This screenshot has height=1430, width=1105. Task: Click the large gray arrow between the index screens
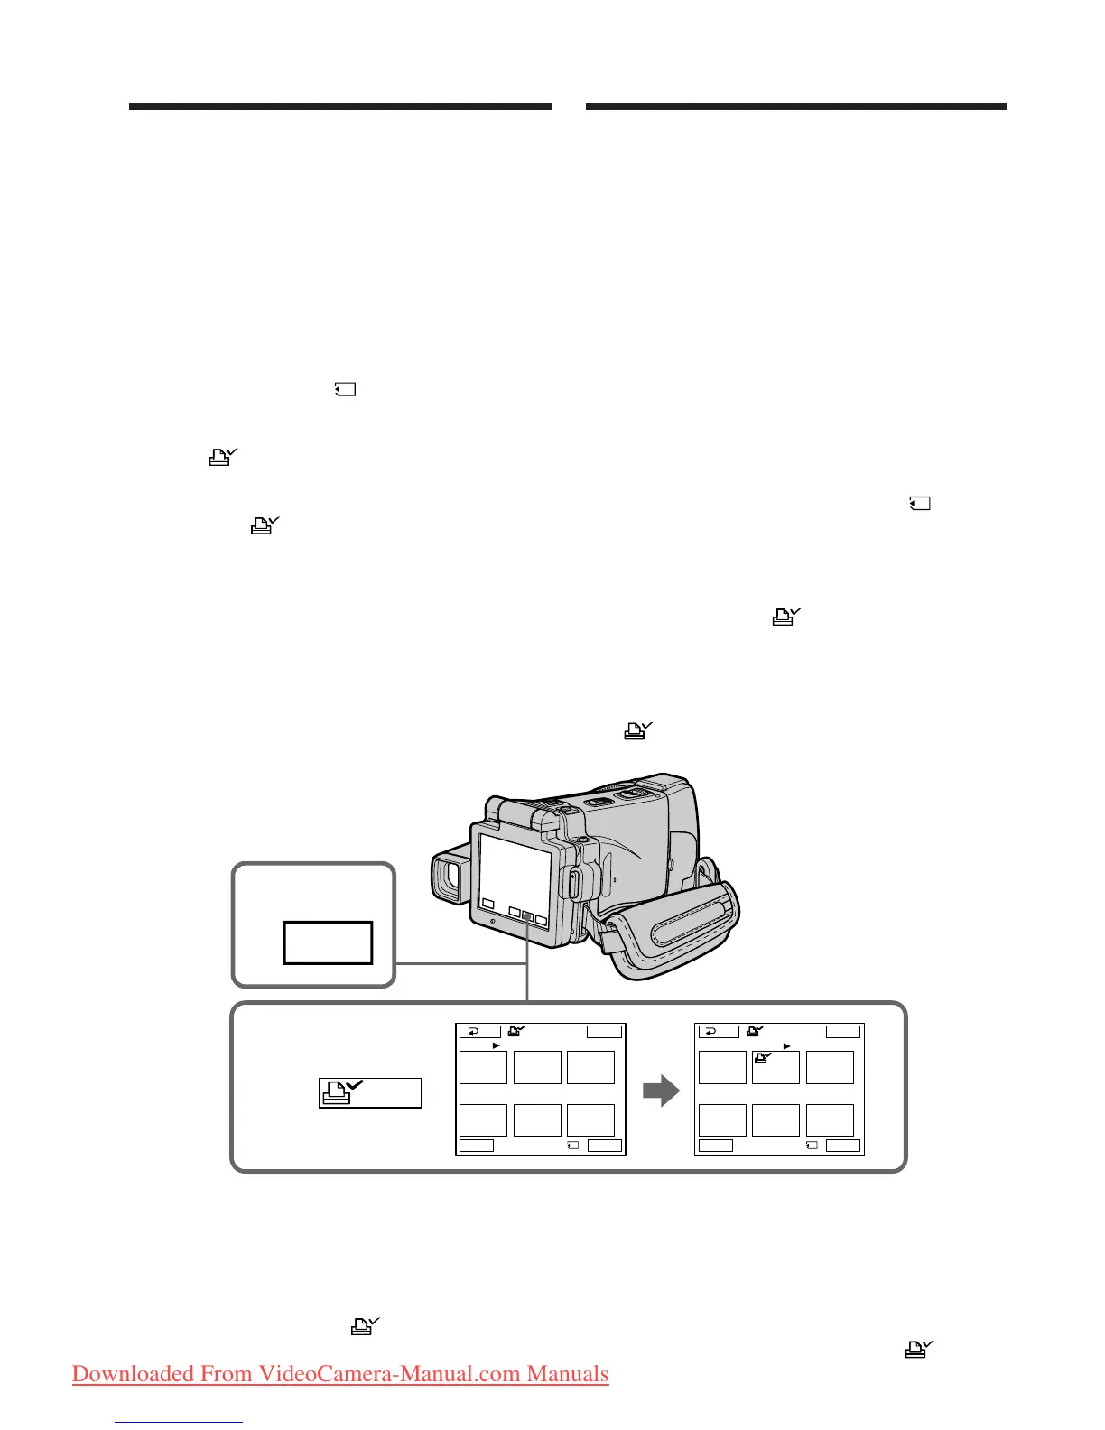(x=661, y=1091)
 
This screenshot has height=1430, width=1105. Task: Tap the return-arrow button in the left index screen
(x=479, y=1032)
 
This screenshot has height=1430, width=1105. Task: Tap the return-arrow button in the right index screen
(x=718, y=1032)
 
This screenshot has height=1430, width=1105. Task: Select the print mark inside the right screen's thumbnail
(x=763, y=1059)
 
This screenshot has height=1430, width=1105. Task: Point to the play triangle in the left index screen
(x=496, y=1045)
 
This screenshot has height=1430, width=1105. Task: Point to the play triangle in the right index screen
(x=786, y=1045)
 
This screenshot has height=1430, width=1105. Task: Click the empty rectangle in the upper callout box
(x=328, y=942)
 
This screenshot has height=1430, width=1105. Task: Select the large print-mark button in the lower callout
(x=370, y=1092)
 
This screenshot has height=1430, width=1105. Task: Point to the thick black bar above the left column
(x=339, y=107)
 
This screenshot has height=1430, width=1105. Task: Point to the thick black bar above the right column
(x=795, y=107)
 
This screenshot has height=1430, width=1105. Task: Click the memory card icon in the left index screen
(x=572, y=1146)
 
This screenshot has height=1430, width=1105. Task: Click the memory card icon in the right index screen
(x=811, y=1146)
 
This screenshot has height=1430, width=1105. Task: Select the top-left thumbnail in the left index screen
(x=483, y=1067)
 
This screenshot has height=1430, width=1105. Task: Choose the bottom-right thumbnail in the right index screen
(x=830, y=1120)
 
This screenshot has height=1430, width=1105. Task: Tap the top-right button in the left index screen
(x=604, y=1032)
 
